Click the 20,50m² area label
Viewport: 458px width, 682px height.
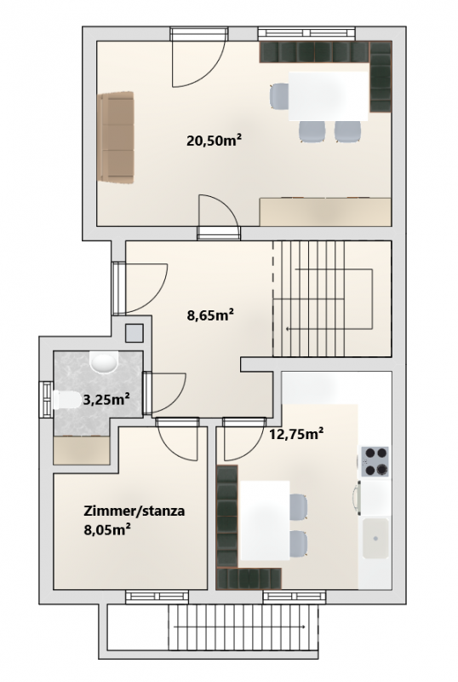pos(214,141)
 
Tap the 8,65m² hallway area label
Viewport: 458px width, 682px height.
pos(210,315)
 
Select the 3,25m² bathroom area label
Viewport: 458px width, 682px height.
pos(106,399)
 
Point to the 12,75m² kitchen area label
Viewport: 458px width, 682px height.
pos(296,434)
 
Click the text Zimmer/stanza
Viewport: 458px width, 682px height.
pos(134,511)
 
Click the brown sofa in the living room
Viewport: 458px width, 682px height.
pos(116,136)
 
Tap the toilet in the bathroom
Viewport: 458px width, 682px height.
pos(67,400)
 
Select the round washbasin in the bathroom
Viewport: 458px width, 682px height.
pos(103,361)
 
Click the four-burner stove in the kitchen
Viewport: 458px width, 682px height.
pos(375,461)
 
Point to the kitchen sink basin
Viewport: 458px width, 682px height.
pos(375,538)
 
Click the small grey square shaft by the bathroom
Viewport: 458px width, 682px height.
pos(134,333)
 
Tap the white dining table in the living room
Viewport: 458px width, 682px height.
pos(329,96)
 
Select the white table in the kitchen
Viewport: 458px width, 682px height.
pos(265,521)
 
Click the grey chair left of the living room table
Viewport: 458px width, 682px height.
pos(279,96)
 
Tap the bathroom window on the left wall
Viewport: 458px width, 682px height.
pos(47,400)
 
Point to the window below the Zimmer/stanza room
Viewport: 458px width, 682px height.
pos(157,597)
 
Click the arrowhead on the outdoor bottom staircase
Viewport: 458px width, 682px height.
pos(303,627)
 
